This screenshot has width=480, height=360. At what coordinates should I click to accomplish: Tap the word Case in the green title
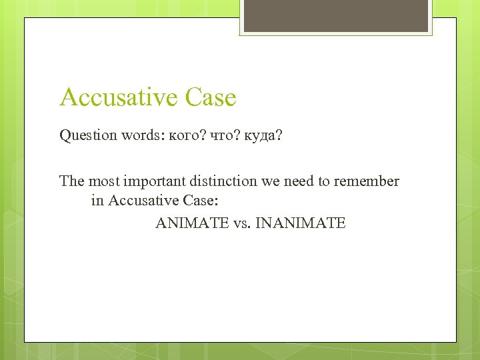(211, 97)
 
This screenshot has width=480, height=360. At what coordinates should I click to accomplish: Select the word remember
(369, 181)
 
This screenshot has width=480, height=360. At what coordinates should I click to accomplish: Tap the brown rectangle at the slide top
(335, 15)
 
